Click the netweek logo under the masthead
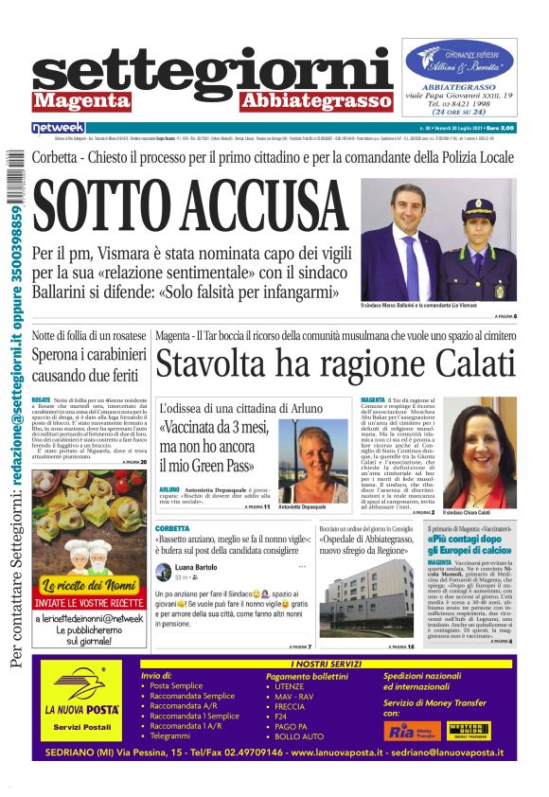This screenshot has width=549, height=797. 59,127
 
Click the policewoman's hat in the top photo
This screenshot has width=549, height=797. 479,206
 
